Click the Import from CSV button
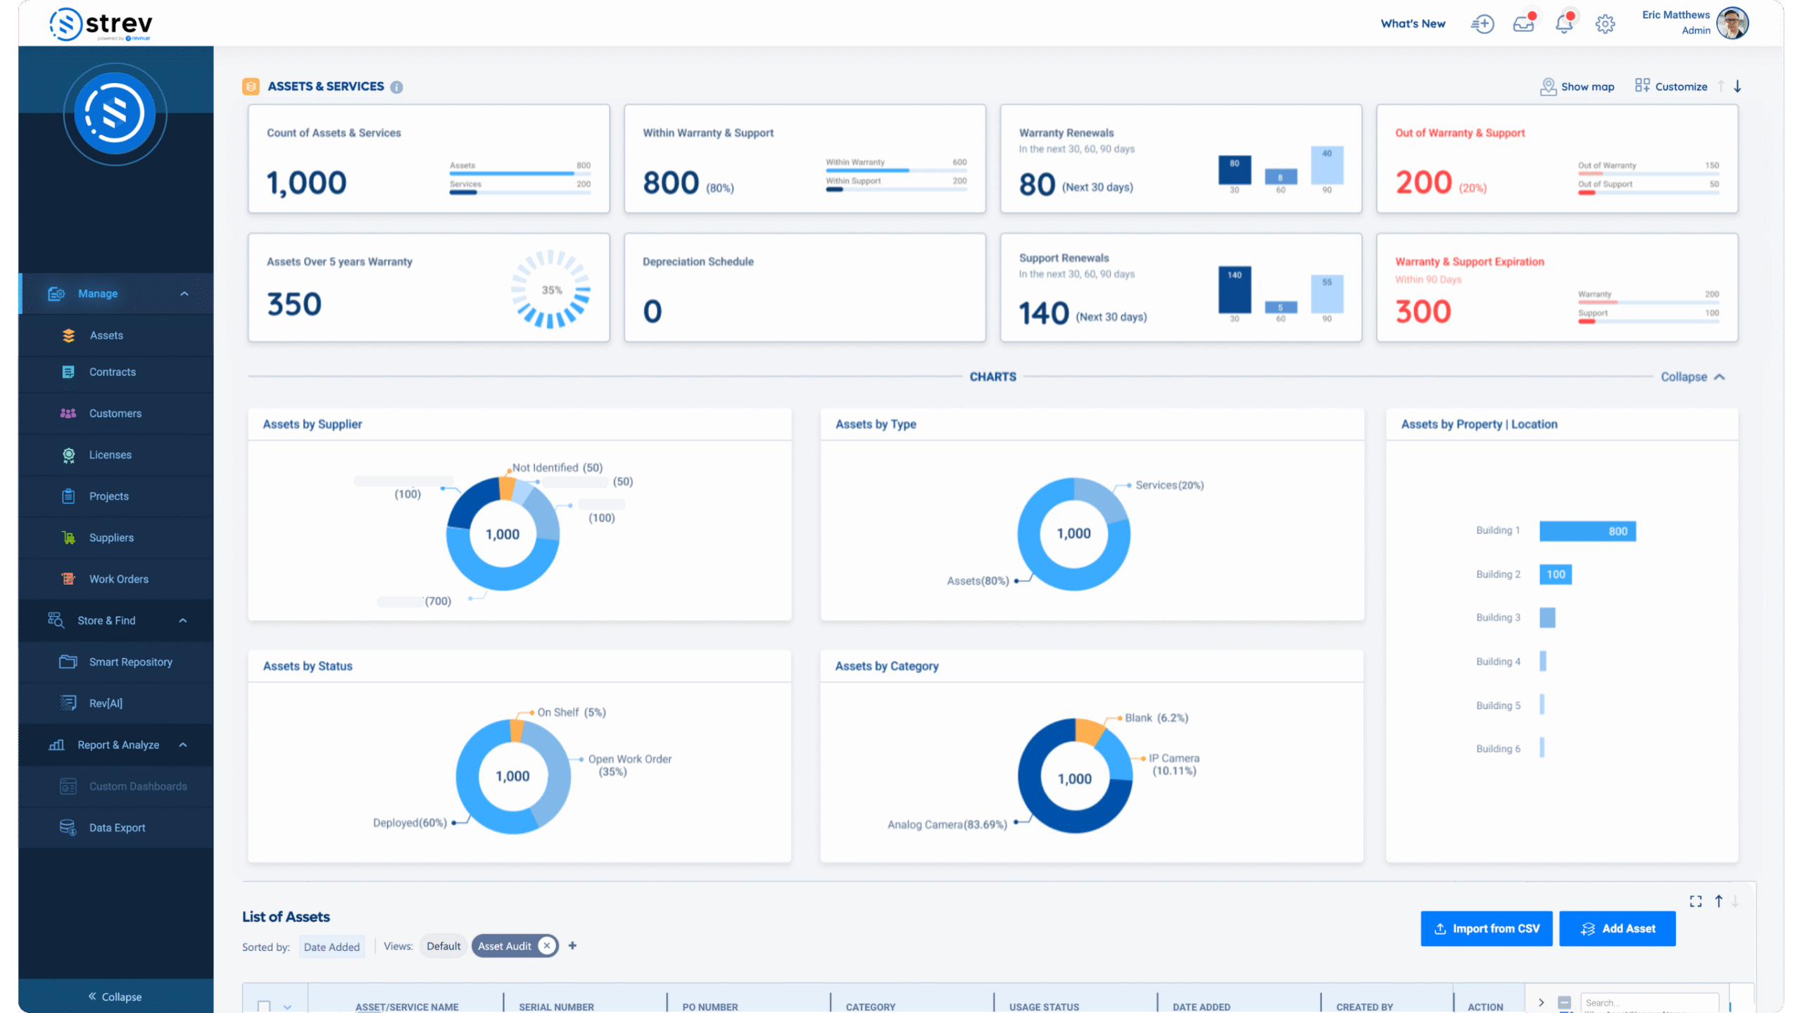click(x=1486, y=929)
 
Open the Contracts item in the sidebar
click(x=112, y=372)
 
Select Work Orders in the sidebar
click(x=118, y=579)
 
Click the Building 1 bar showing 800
click(x=1587, y=531)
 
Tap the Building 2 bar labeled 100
click(x=1555, y=574)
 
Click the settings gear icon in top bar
click(x=1604, y=24)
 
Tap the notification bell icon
click(x=1563, y=24)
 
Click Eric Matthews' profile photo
click(x=1732, y=23)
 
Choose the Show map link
click(x=1577, y=87)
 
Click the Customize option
click(x=1671, y=87)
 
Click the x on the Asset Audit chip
click(x=546, y=945)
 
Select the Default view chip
click(x=443, y=946)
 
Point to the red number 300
click(x=1423, y=311)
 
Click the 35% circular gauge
click(x=550, y=289)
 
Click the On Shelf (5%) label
click(x=571, y=712)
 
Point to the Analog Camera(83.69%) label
click(x=947, y=824)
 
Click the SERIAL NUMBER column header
click(x=556, y=1007)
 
